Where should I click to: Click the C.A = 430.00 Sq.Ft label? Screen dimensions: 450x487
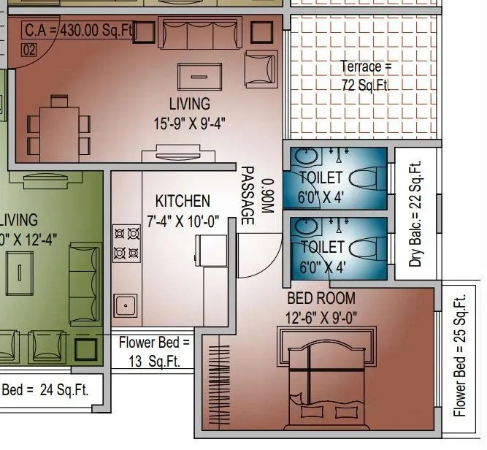point(77,31)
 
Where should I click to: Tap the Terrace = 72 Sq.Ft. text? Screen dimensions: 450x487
point(366,75)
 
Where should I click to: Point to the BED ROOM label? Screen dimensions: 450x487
point(321,298)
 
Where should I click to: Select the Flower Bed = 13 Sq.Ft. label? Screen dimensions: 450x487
point(154,351)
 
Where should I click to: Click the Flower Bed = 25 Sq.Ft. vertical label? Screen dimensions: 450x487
point(459,356)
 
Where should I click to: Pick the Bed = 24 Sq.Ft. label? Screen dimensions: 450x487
point(45,389)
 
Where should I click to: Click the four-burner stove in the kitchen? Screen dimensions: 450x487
point(126,243)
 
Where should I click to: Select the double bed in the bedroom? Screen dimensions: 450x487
point(328,380)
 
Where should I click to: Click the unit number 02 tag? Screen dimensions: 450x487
point(29,50)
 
